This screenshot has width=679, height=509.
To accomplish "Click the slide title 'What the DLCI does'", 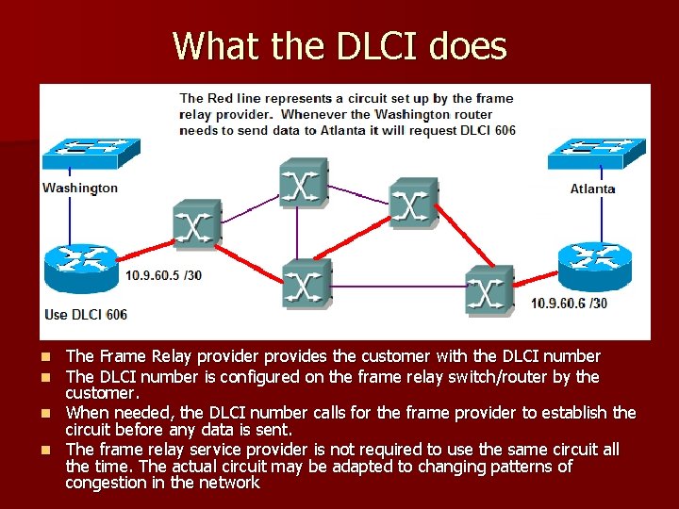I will (x=339, y=45).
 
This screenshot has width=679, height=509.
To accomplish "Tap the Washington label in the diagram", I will (x=80, y=188).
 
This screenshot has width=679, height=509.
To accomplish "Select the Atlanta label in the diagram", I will (x=592, y=189).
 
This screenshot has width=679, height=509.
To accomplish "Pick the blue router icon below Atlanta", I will (x=594, y=264).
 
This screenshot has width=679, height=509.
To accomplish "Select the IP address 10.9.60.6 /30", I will (x=569, y=304).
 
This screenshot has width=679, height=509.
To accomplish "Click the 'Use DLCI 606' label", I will (x=86, y=314).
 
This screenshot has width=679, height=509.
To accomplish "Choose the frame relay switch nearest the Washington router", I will (x=196, y=225).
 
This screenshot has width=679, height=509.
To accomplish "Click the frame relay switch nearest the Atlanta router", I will (x=489, y=290).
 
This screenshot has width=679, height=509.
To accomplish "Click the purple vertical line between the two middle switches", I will (x=298, y=232).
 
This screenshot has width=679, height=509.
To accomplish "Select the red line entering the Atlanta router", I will (x=538, y=274).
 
